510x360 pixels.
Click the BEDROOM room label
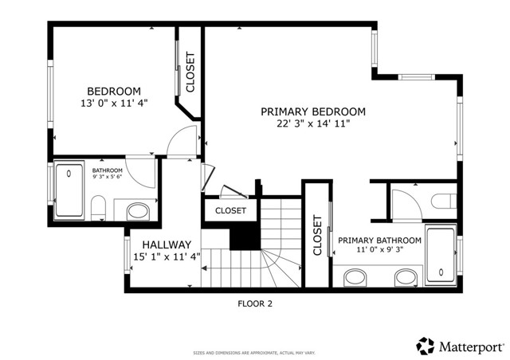(x=114, y=91)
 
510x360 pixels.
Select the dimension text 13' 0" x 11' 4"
(x=114, y=103)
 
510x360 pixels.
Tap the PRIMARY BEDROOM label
(x=313, y=112)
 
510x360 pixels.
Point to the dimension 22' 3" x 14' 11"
(x=313, y=123)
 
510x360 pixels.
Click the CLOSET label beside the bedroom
(x=190, y=72)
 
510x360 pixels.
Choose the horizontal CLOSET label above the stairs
(x=230, y=210)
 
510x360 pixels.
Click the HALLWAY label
(x=167, y=245)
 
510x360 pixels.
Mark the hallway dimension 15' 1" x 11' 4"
(x=167, y=256)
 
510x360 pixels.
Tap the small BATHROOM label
(x=107, y=170)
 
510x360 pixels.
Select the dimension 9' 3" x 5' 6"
(x=107, y=178)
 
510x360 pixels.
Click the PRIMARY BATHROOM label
(x=379, y=240)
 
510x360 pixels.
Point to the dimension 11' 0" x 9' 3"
(x=379, y=250)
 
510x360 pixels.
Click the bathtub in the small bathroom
(x=69, y=191)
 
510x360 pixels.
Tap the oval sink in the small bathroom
(x=138, y=212)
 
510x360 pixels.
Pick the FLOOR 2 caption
(x=255, y=303)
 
